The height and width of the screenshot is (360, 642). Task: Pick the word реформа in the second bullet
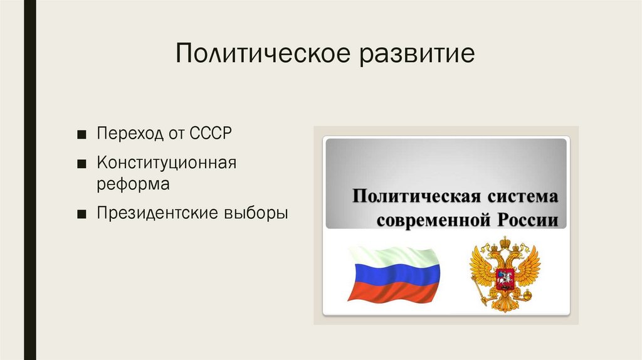coord(132,185)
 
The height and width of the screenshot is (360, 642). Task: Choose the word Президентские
coord(155,213)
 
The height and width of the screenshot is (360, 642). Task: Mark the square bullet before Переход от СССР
coord(83,135)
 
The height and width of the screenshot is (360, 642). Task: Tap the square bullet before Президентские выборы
coord(83,214)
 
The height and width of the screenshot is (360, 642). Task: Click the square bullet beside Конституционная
coord(83,164)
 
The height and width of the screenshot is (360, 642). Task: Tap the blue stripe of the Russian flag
coord(393,273)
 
